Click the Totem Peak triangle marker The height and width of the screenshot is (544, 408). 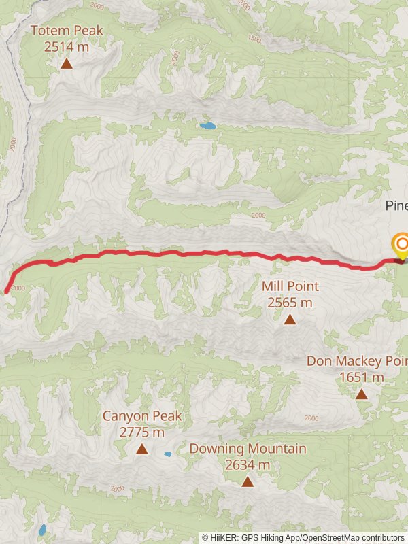67,64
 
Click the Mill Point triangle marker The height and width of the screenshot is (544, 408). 290,319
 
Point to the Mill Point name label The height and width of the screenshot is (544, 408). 290,287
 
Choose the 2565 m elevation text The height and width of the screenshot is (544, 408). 290,303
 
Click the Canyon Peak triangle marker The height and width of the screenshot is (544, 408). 141,449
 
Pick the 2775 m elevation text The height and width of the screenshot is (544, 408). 141,432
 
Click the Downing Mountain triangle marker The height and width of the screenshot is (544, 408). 248,481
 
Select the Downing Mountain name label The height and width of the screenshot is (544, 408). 248,449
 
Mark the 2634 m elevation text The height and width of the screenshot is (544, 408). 248,465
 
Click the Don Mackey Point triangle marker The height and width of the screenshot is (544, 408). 362,394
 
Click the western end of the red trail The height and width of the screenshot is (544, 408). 7,291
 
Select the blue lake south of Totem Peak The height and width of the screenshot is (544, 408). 207,126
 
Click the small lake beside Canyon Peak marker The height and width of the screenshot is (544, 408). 167,454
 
